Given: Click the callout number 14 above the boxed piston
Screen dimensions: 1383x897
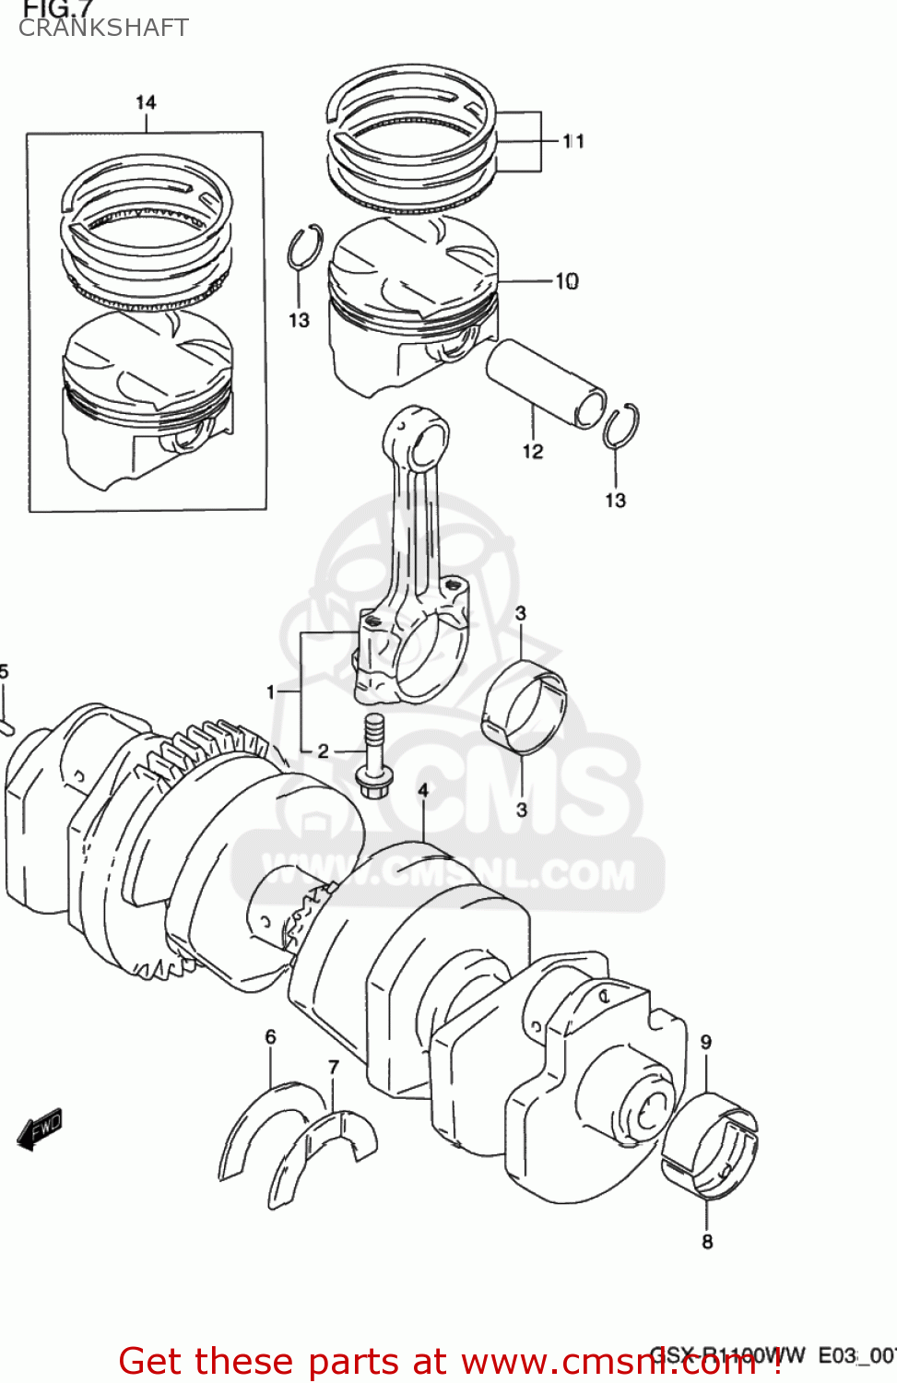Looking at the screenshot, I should click(x=146, y=102).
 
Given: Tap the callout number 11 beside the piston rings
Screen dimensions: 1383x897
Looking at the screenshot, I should click(x=573, y=141).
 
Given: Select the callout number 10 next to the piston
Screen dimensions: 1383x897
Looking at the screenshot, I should click(x=567, y=281).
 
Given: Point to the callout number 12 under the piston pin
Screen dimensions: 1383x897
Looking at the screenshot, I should click(x=533, y=452).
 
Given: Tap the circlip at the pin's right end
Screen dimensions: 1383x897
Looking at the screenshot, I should click(x=621, y=426).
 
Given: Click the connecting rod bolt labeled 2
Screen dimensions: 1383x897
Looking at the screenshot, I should click(x=373, y=756).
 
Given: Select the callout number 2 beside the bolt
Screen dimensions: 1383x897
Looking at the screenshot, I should click(x=323, y=751).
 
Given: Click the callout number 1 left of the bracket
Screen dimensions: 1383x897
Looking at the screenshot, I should click(x=271, y=691).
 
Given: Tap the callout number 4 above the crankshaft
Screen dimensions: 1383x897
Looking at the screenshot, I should click(x=423, y=791).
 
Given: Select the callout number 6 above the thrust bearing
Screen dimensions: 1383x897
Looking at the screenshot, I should click(x=270, y=1037).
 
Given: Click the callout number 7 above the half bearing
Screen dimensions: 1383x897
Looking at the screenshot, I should click(x=334, y=1067).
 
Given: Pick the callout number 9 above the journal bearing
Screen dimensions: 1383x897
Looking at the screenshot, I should click(x=706, y=1043).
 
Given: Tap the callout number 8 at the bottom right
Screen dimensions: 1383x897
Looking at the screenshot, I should click(x=707, y=1242).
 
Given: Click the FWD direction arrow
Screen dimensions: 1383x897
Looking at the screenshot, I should click(x=40, y=1129).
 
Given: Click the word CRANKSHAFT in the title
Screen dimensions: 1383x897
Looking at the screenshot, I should click(x=103, y=29).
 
